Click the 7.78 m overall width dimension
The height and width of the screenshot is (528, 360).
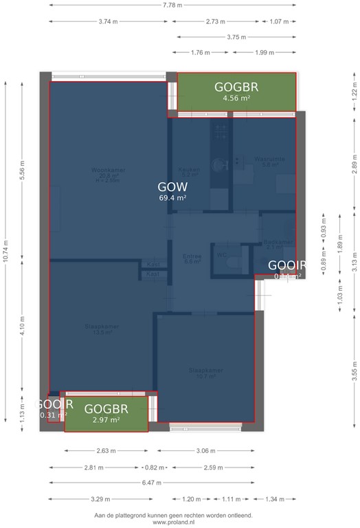(172, 5)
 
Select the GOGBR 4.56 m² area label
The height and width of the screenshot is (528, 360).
(236, 91)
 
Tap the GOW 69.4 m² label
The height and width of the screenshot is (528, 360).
(172, 190)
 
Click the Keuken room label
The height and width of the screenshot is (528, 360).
(189, 172)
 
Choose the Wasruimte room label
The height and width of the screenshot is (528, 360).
(265, 162)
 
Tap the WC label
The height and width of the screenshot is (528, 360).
(221, 255)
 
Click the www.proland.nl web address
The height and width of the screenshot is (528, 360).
(173, 522)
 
